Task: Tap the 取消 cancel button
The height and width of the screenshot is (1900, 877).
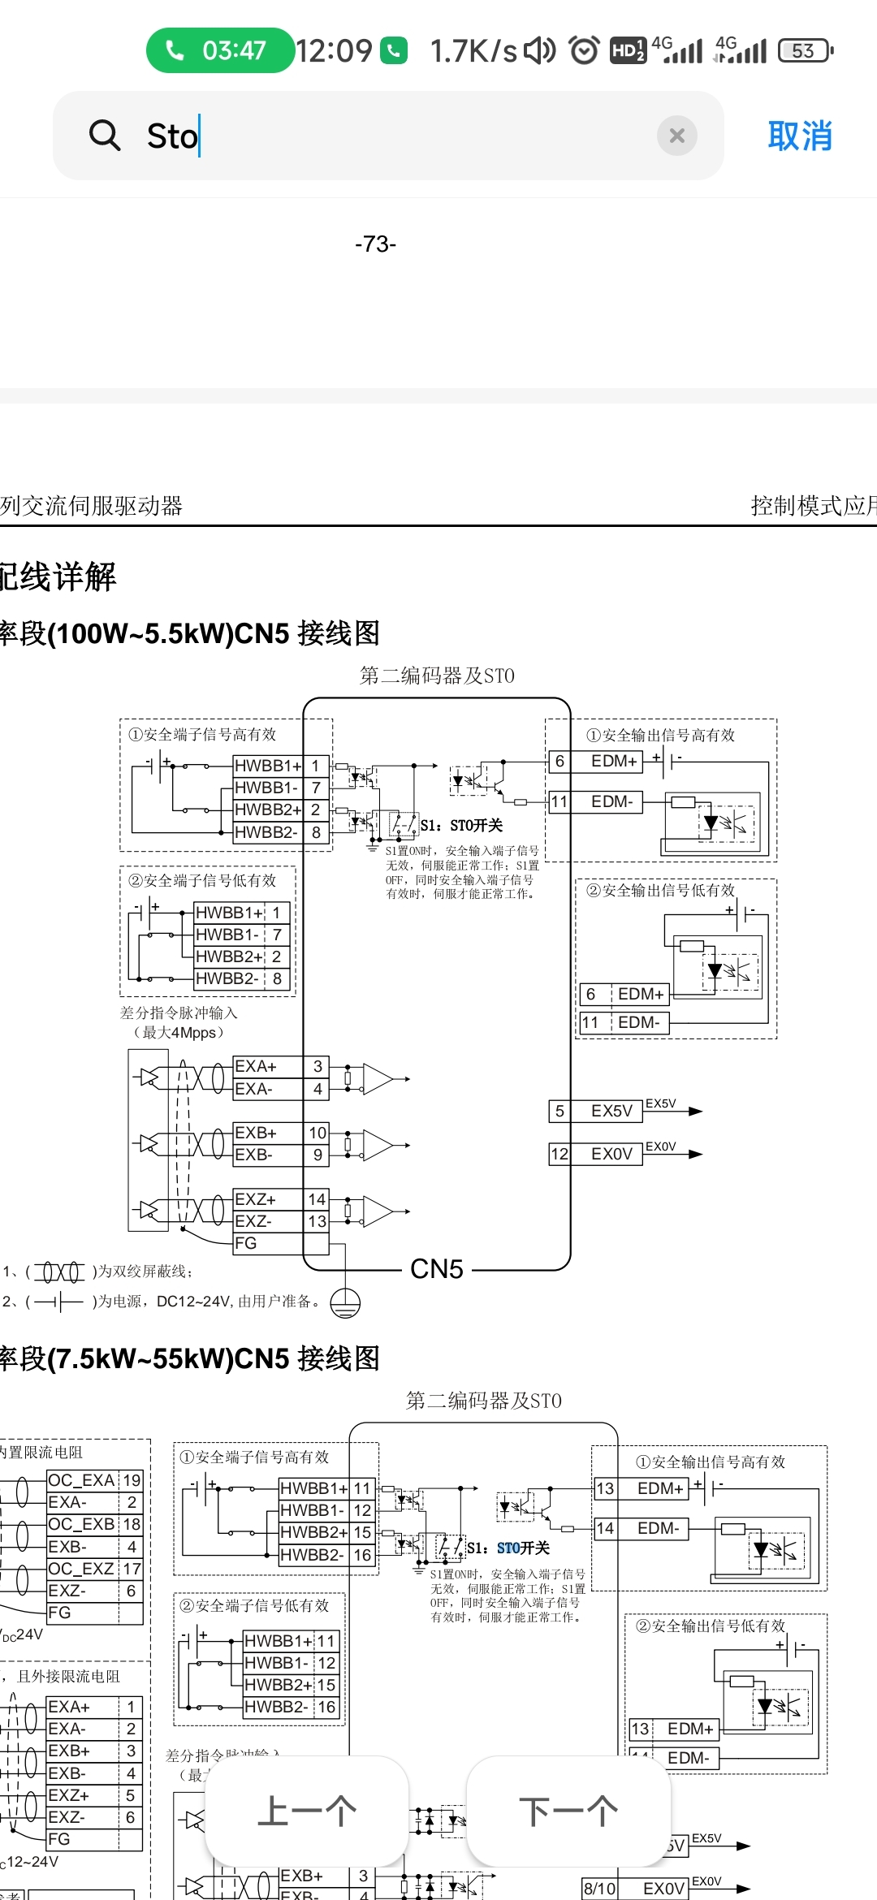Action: (x=800, y=136)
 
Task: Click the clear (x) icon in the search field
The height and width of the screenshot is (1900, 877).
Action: (x=676, y=136)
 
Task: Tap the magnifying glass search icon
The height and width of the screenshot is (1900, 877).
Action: (x=105, y=135)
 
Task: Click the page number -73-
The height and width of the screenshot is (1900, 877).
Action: (x=375, y=244)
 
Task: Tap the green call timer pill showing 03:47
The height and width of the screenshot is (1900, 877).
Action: (x=219, y=50)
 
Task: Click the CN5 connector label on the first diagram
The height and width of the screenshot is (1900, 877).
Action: (x=437, y=1268)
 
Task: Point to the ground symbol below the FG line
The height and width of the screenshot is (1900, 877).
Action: (x=345, y=1302)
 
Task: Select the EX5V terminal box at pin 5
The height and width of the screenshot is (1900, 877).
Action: (x=611, y=1111)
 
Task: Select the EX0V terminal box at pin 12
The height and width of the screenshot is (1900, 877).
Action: (x=611, y=1154)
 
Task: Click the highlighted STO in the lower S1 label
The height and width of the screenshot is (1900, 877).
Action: (x=508, y=1548)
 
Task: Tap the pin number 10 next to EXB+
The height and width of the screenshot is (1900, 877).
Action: (x=318, y=1133)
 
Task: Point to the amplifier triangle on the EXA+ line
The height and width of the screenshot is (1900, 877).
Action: (x=378, y=1079)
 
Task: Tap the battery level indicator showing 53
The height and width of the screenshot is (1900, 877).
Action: (x=804, y=50)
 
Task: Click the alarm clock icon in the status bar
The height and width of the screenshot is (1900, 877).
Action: (x=584, y=50)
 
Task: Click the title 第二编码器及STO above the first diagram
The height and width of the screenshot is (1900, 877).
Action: (x=437, y=676)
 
